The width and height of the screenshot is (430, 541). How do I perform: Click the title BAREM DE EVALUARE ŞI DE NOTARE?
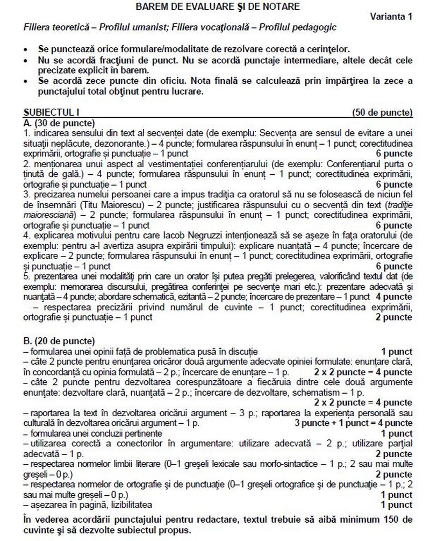click(218, 6)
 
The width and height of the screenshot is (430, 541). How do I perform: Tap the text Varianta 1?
click(391, 17)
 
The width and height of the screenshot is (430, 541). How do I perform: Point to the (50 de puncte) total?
click(383, 113)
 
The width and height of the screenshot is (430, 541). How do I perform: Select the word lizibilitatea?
click(130, 505)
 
